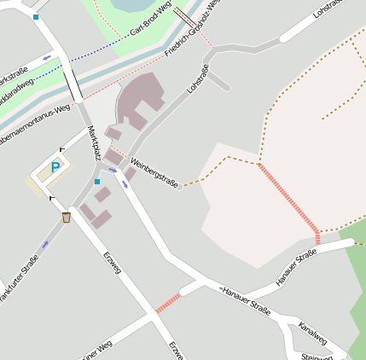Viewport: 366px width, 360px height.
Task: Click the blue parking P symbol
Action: point(55,167)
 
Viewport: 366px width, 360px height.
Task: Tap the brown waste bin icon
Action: point(67,218)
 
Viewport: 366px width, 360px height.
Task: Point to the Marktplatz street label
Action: point(95,143)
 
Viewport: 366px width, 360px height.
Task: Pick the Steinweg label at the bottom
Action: point(317,356)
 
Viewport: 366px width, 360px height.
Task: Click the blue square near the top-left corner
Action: point(36,17)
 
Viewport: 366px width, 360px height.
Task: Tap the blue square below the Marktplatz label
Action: point(97,182)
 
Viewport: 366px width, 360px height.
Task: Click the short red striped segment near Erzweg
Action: point(168,302)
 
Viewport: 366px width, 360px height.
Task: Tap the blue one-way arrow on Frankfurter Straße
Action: point(45,245)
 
